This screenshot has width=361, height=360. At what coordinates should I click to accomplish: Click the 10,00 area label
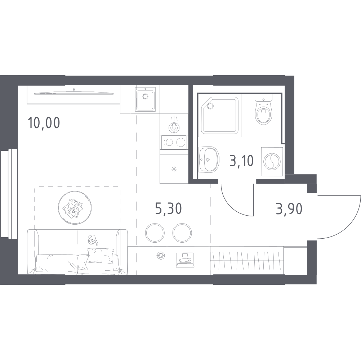[x=44, y=123]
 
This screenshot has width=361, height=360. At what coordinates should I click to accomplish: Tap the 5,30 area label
[x=169, y=209]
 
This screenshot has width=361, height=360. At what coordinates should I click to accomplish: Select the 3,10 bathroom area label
[x=241, y=161]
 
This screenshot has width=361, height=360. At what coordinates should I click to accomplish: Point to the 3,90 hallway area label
[x=289, y=209]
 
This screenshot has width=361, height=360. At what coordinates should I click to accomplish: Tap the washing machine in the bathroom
[x=272, y=162]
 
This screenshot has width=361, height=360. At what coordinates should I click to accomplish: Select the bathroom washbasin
[x=208, y=159]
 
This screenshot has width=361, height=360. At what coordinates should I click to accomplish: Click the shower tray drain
[x=210, y=106]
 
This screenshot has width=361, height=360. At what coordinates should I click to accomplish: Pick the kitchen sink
[x=145, y=100]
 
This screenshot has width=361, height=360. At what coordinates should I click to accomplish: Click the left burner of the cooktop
[x=169, y=143]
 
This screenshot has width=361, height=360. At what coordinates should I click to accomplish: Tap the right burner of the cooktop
[x=181, y=143]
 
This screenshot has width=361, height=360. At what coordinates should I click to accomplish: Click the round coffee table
[x=75, y=208]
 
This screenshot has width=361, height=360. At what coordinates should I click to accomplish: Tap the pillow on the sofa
[x=100, y=256]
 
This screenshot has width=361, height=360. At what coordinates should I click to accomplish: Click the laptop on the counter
[x=185, y=260]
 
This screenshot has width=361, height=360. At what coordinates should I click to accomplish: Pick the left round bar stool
[x=155, y=233]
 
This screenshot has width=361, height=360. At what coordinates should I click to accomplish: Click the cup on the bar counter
[x=160, y=256]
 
